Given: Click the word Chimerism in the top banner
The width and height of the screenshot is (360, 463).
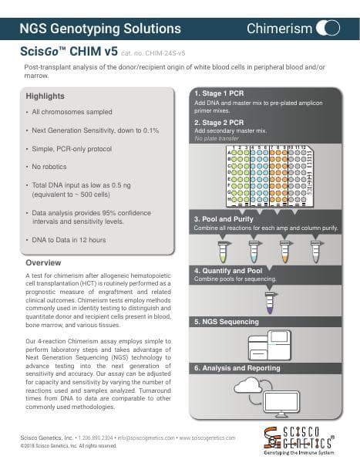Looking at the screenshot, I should point(280,29).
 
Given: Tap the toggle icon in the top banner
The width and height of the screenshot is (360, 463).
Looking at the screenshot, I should point(329,29).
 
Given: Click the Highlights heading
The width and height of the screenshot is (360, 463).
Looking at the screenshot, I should point(45,96).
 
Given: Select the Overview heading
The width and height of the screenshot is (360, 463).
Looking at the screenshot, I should point(44,263).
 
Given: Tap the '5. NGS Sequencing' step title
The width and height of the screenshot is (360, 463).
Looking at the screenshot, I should point(227,320).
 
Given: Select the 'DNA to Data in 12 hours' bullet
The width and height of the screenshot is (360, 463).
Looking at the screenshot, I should point(69,240).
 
